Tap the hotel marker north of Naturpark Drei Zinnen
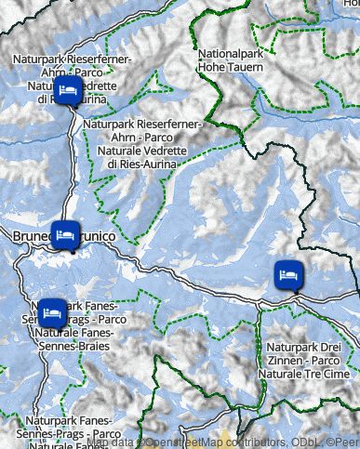(287, 274)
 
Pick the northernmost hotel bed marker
(67, 90)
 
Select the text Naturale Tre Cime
(302, 373)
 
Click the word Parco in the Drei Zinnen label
(321, 360)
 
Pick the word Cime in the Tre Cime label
(332, 373)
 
